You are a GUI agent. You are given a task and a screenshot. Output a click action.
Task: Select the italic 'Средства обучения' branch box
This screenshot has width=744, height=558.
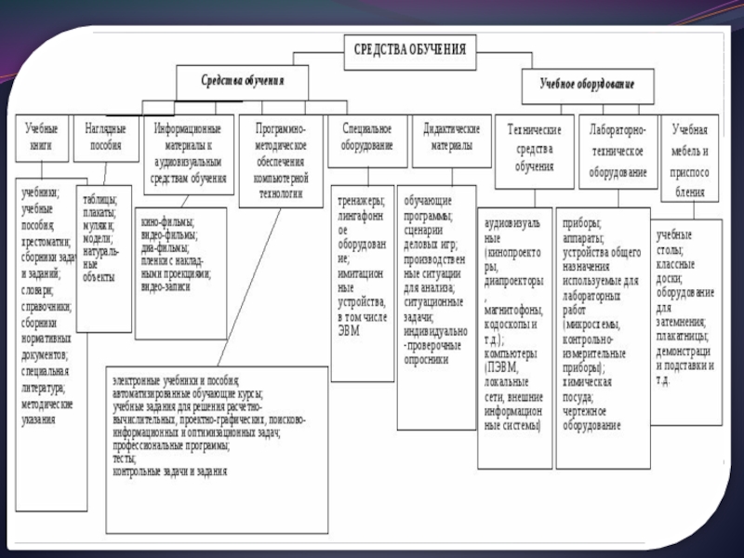point(244,81)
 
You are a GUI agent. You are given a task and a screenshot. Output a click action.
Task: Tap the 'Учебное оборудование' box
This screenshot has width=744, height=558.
point(588,84)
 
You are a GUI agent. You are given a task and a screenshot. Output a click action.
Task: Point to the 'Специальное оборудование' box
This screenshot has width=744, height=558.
point(367,137)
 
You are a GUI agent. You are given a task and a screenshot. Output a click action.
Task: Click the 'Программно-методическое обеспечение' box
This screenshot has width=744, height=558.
point(280,153)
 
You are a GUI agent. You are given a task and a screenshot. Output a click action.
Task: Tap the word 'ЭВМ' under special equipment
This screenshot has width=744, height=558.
point(349,330)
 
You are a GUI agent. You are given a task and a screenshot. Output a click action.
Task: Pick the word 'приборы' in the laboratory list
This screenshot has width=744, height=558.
point(582,223)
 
